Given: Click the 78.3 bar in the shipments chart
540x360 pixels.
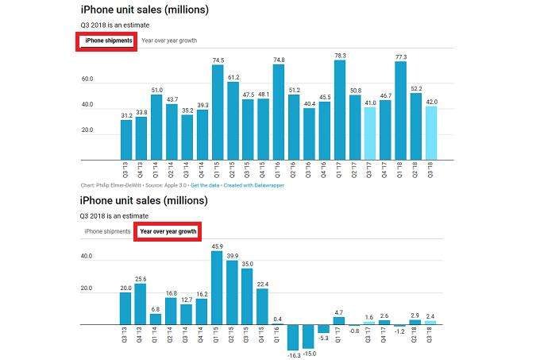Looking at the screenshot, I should pyautogui.click(x=340, y=111).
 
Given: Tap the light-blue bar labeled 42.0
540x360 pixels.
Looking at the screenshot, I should pyautogui.click(x=430, y=133).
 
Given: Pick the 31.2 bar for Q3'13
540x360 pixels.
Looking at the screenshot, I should pyautogui.click(x=126, y=140).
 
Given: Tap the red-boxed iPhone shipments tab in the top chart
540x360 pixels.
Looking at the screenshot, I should pyautogui.click(x=106, y=41).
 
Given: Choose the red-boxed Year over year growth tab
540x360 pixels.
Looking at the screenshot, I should pyautogui.click(x=167, y=231).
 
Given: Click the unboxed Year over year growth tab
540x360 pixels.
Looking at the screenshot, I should pyautogui.click(x=168, y=41).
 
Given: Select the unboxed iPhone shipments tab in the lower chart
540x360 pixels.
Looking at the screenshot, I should pyautogui.click(x=107, y=231).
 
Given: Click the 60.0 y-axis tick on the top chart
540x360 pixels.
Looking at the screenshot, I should pyautogui.click(x=87, y=79).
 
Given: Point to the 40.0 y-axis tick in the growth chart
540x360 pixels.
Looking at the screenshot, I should pyautogui.click(x=87, y=257).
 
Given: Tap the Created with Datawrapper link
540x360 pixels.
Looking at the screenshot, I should pyautogui.click(x=257, y=185).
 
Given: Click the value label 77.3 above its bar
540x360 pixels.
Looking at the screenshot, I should pyautogui.click(x=401, y=56).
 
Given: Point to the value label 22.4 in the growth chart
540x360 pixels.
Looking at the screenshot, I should pyautogui.click(x=263, y=284).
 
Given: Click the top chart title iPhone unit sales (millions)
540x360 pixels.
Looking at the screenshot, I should pyautogui.click(x=144, y=10).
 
